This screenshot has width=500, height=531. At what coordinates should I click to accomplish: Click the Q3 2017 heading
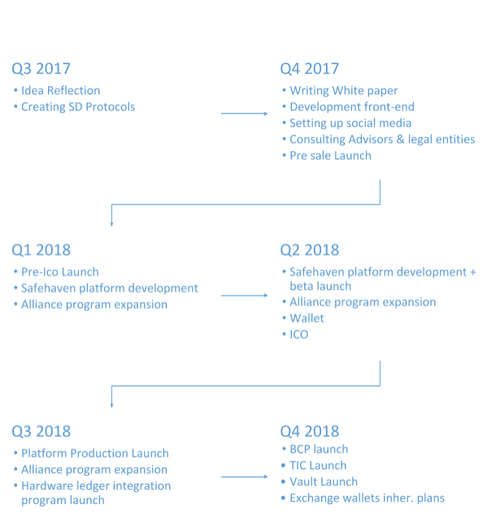pos(41,69)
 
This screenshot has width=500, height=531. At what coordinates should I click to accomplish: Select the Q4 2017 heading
pos(310,69)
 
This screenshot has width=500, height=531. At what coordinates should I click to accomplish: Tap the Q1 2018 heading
pos(41,250)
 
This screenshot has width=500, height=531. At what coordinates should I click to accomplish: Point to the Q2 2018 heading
pos(310,250)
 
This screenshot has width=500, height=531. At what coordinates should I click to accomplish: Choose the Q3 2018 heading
pos(41,431)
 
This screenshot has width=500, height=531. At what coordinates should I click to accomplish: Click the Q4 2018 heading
pos(310,431)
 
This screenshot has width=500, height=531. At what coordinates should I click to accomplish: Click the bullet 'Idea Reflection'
pos(61,91)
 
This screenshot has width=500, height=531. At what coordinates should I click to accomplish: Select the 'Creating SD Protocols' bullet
pos(78,107)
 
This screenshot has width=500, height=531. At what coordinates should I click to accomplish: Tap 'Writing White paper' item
pos(344,91)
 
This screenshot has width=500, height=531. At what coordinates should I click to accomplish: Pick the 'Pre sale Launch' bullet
pos(330,156)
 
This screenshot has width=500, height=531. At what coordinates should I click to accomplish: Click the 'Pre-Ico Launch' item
pos(60,272)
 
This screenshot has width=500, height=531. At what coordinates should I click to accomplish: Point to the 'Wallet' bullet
pos(307,318)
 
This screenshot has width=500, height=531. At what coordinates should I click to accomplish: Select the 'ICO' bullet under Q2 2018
pos(299,335)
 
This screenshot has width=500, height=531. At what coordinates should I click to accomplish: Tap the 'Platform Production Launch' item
pos(95,453)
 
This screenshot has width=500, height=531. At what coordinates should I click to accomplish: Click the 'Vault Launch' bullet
pos(324,482)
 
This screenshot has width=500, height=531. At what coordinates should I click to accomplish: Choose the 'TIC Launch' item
pos(318,466)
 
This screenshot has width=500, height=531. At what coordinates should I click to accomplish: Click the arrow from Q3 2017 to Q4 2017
pos(244,114)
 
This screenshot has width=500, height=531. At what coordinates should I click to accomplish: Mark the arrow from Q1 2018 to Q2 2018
pos(244,296)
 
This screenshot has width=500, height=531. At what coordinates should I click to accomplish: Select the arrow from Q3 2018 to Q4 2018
pos(244,477)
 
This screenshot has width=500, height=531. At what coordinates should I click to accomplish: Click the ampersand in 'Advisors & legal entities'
pos(400,140)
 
